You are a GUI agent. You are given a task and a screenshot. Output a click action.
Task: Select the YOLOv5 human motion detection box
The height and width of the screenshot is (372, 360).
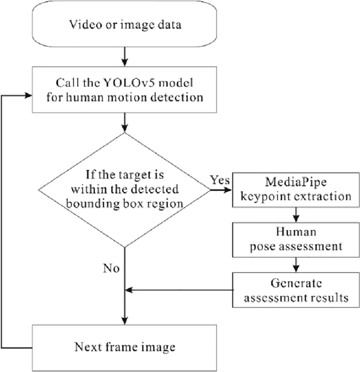click(125, 90)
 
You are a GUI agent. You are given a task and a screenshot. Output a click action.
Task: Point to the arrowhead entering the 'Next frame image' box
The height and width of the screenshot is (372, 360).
click(125, 320)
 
